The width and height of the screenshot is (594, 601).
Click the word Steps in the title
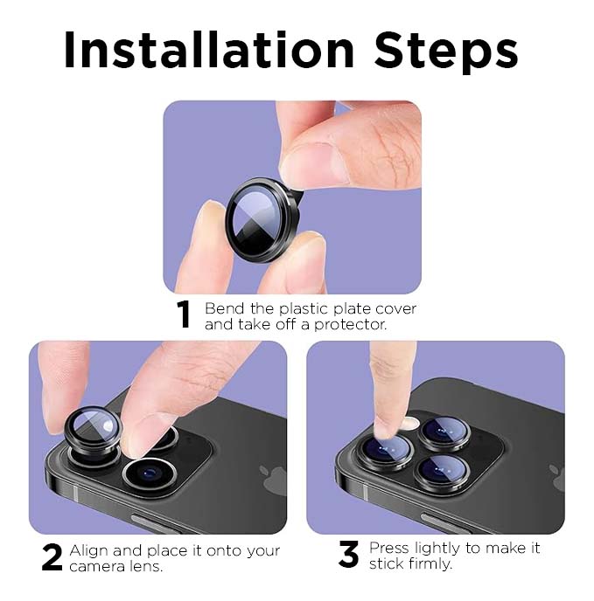[x=446, y=52]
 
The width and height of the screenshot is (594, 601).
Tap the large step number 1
[x=184, y=316]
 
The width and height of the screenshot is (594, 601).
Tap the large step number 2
[x=52, y=557]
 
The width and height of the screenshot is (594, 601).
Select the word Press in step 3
[x=389, y=548]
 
